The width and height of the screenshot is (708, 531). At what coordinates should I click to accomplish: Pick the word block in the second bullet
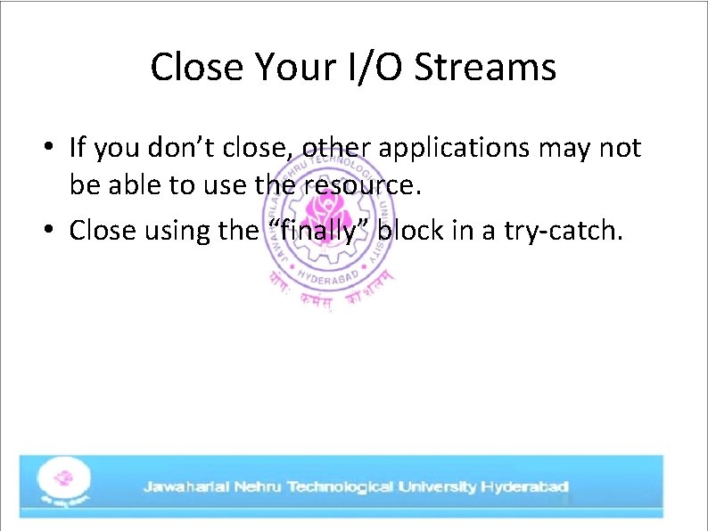coord(417,231)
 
